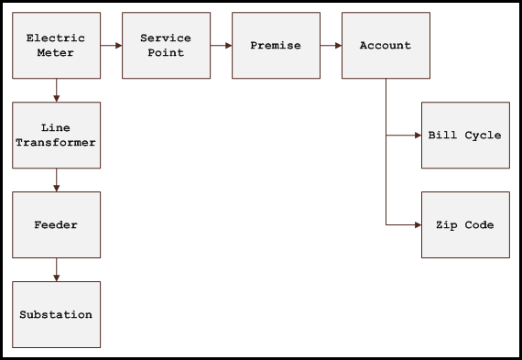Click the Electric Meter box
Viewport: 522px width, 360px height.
[56, 45]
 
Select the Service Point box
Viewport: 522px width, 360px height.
[166, 45]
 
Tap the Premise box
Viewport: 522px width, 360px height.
[276, 45]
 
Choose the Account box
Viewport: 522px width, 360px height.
[386, 45]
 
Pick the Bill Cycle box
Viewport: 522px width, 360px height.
[465, 136]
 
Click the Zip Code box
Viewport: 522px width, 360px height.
[465, 225]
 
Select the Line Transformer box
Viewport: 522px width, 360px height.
[56, 136]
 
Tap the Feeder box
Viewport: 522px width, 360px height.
[56, 225]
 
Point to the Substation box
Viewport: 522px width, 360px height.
[56, 315]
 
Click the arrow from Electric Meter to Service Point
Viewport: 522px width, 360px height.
[111, 45]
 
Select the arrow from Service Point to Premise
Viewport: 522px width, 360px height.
[221, 45]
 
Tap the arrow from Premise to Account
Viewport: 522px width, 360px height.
[331, 45]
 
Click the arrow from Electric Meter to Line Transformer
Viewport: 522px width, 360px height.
[56, 90]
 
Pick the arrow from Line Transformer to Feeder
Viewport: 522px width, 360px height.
[56, 180]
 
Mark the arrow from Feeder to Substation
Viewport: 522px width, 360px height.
[56, 269]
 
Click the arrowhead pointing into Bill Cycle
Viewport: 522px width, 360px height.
[417, 136]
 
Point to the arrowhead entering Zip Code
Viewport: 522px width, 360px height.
[417, 225]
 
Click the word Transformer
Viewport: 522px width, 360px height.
[56, 143]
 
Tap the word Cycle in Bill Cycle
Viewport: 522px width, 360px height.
[483, 136]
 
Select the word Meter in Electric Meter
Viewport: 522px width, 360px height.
[56, 53]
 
